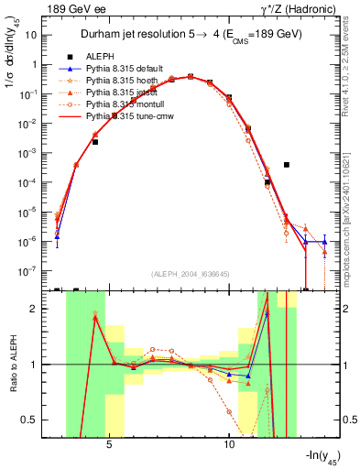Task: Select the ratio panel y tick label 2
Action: tap(42, 309)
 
